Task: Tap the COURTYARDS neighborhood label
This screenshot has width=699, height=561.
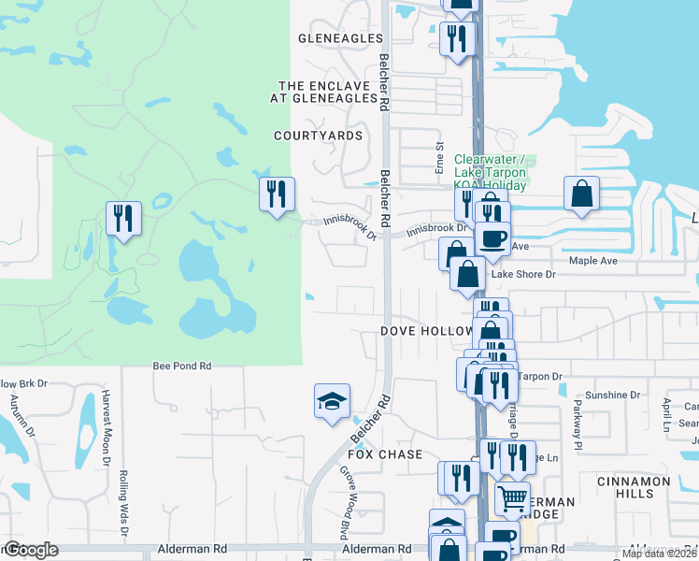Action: [x=318, y=136]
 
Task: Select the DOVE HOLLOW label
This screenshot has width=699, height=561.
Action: [x=426, y=332]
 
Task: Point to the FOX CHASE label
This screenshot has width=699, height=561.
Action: [x=386, y=453]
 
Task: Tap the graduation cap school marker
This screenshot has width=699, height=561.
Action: [x=332, y=402]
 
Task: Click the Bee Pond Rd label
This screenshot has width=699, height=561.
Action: [x=182, y=367]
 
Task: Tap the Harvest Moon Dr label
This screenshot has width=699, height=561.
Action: [x=107, y=427]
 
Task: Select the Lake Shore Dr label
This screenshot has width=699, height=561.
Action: [x=523, y=275]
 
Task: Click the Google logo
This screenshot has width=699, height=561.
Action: [x=31, y=551]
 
